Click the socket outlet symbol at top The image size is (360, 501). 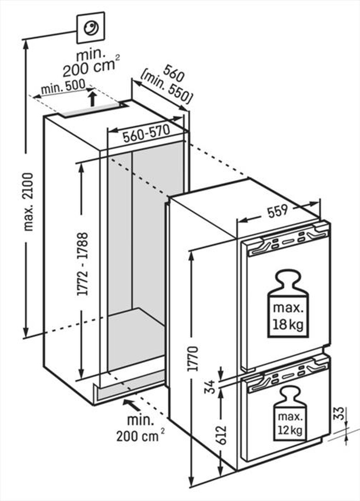[91, 27]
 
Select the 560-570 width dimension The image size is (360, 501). [146, 134]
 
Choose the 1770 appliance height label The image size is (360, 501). [193, 358]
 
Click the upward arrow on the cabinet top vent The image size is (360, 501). [93, 98]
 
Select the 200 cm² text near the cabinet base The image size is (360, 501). [140, 436]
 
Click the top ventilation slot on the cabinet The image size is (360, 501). [90, 112]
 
